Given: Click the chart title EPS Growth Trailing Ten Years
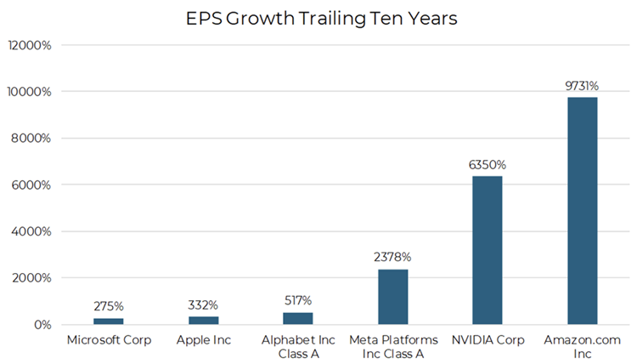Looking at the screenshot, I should (x=322, y=20).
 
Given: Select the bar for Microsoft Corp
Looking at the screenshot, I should (x=108, y=321).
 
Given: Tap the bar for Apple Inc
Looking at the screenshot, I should (x=203, y=321).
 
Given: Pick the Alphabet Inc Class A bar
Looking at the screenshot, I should (x=297, y=318).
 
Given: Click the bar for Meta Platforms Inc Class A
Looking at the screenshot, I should (x=392, y=297).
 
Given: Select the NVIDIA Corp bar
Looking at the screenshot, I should (x=488, y=250).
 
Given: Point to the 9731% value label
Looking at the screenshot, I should (x=583, y=86).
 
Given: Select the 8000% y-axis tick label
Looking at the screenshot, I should (x=32, y=138).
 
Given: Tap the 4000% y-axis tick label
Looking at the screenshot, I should (x=32, y=231).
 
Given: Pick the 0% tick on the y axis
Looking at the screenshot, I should (x=42, y=325).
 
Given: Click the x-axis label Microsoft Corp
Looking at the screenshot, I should (x=108, y=341).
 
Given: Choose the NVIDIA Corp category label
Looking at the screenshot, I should (x=488, y=341).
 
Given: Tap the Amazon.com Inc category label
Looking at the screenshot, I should (x=583, y=347).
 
